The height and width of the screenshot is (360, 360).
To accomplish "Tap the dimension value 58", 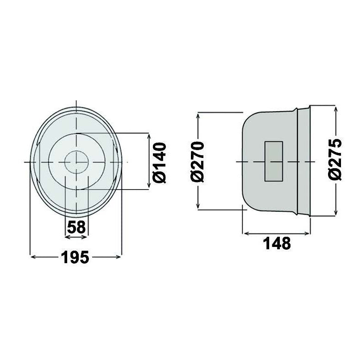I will (76, 227).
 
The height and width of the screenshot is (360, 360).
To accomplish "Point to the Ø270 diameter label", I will (198, 162).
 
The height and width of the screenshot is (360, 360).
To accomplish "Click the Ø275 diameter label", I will (335, 158).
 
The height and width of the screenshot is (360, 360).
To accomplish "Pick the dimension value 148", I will (277, 242).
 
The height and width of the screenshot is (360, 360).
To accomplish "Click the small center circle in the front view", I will (76, 162).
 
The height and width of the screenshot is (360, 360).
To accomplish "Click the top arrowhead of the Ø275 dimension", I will (335, 107).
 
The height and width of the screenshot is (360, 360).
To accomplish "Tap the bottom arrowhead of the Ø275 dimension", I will (335, 214).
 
